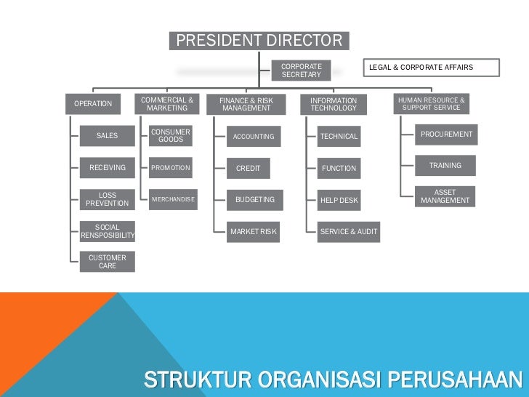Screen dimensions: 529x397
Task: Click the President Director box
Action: point(259,41)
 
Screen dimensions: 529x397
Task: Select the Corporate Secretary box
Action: point(302,71)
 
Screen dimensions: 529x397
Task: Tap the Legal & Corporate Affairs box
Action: point(432,68)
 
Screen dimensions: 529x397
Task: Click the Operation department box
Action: point(94,104)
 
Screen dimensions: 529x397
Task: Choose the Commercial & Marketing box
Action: point(167,104)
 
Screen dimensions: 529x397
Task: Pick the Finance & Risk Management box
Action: point(246,105)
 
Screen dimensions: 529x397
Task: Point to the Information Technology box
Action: point(334,105)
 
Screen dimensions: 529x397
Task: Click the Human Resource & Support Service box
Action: point(431,103)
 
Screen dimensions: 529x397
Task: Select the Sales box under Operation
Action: point(108,136)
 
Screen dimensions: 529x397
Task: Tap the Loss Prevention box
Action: point(108,199)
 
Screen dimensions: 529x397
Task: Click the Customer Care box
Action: point(108,262)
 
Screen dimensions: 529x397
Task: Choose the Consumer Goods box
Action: point(171,136)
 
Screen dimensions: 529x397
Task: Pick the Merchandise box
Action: point(173,199)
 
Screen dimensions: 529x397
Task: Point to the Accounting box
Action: point(254,137)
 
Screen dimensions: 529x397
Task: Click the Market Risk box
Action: point(254,232)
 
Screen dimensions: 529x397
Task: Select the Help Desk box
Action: point(339,200)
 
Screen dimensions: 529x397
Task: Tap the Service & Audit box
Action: point(349,232)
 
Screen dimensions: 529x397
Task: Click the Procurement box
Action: point(446,135)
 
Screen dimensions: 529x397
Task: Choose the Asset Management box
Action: point(445,196)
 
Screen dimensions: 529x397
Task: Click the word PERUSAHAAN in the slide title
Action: point(456,380)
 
